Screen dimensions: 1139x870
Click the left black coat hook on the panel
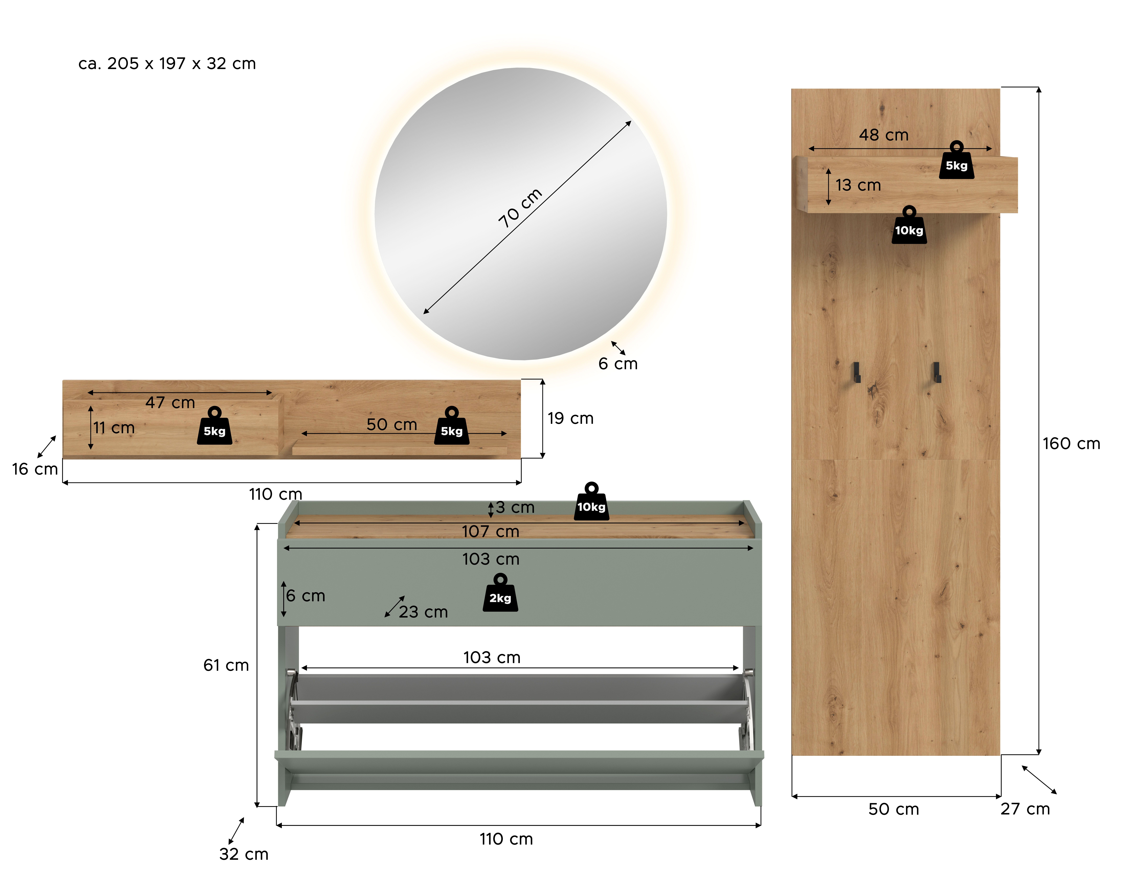(x=857, y=372)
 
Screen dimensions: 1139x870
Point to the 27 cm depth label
(x=1025, y=809)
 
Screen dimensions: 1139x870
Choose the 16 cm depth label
(x=35, y=469)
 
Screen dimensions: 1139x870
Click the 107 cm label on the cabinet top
(x=490, y=531)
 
